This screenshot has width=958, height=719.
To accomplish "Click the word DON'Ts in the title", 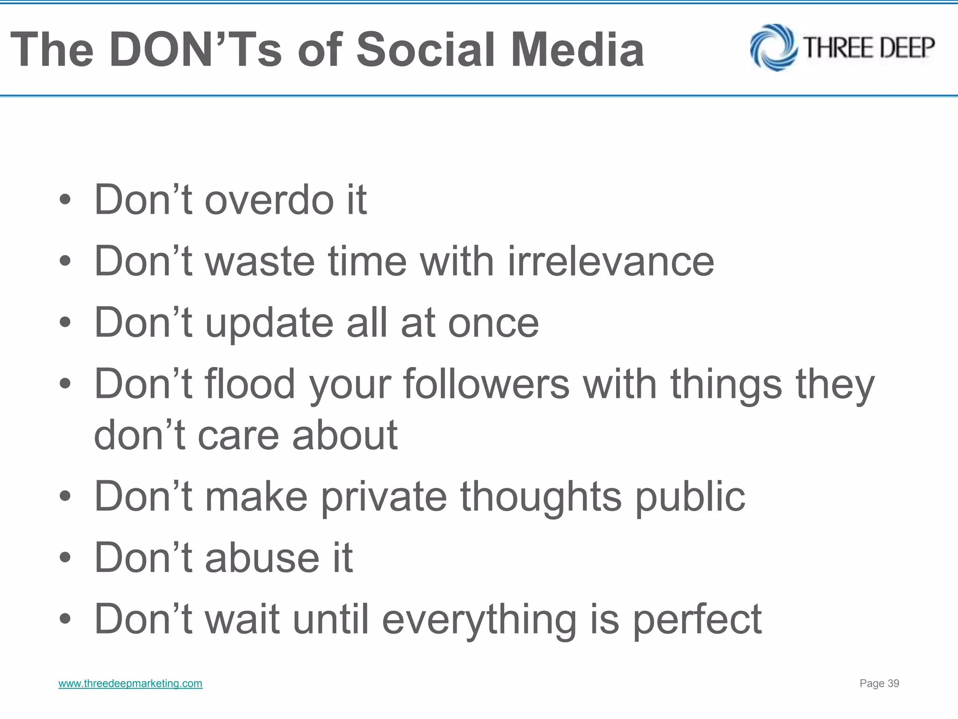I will point(196,50).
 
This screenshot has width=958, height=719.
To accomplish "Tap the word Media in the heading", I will point(577,50).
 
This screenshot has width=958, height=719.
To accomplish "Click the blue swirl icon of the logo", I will point(773,48).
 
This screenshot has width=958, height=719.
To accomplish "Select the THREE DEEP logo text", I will point(869,48).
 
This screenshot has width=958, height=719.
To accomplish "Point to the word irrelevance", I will point(611,261).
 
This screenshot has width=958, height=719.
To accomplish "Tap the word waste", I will point(260,261).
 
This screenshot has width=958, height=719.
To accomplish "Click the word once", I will point(493,323).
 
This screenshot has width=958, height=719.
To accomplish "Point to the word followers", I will point(486,384).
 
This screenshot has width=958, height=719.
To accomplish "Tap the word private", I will point(384,497).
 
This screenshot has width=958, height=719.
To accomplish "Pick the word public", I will point(690,497).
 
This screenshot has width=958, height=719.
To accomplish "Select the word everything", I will point(479,620).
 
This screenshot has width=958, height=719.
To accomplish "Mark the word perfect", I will point(697,620).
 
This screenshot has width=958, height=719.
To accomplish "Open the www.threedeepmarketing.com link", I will point(131,683).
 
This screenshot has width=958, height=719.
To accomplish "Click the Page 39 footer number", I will point(879,683).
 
